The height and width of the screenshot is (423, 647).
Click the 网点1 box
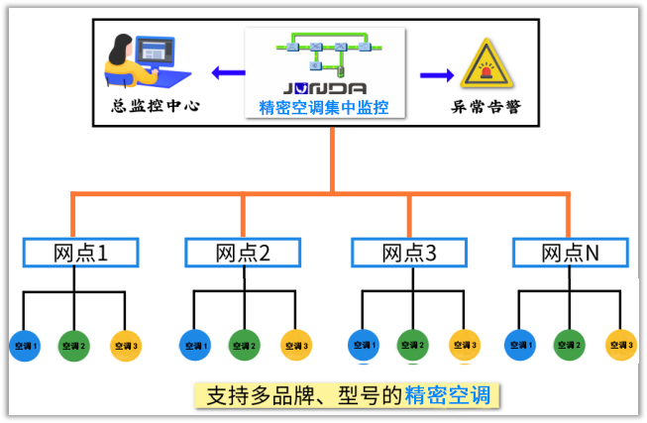[x=79, y=253]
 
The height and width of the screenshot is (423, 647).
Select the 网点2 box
[x=243, y=253]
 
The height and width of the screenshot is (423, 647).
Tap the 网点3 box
[x=409, y=253]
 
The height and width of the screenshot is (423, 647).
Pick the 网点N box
[x=570, y=253]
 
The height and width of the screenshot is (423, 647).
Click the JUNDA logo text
[x=326, y=88]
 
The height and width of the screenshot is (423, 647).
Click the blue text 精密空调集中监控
[x=326, y=108]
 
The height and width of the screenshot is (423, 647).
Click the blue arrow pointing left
[x=227, y=71]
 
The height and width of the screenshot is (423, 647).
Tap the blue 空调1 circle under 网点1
[x=24, y=346]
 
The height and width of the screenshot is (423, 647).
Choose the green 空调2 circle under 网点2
[x=243, y=346]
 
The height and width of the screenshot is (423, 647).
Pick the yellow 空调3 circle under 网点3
[x=464, y=346]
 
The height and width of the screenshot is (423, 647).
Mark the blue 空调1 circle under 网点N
[x=519, y=346]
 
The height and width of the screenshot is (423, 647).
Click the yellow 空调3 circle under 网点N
[x=620, y=346]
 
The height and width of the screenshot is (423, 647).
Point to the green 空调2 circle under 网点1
[x=74, y=346]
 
